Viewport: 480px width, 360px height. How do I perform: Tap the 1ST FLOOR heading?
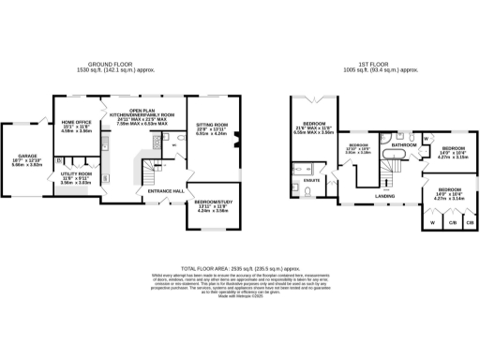click(x=375, y=67)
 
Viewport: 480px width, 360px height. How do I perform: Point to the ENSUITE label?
click(x=311, y=180)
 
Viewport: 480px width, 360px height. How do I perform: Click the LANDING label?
click(x=384, y=195)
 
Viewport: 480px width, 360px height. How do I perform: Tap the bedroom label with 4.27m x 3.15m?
click(x=454, y=153)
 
